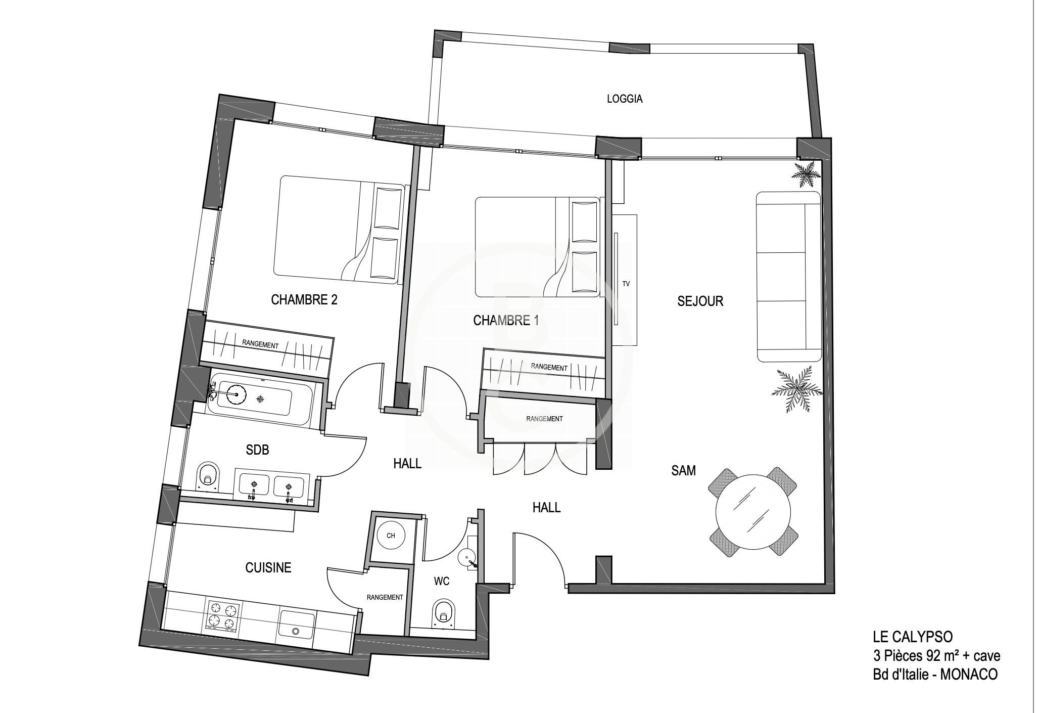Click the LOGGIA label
coord(625,99)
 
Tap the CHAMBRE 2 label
coord(304,300)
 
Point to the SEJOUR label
coord(700,301)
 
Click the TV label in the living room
coord(626,284)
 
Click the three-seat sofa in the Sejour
coord(788,277)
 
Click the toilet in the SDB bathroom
coord(208,476)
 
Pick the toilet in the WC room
coord(443,613)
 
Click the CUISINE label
coord(268,568)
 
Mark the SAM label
coord(683,471)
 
